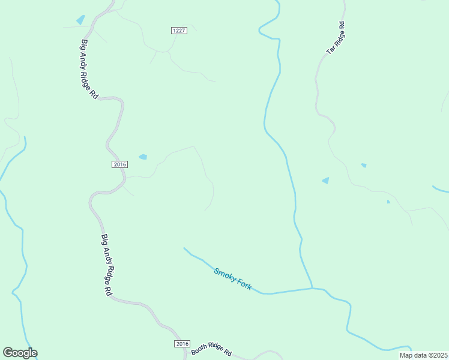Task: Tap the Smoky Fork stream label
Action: tap(233, 279)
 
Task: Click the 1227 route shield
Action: tap(179, 31)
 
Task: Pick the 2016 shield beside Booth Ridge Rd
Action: tap(182, 344)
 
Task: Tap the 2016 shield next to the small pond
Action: tap(120, 164)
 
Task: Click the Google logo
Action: tap(20, 353)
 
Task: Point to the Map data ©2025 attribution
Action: tap(423, 355)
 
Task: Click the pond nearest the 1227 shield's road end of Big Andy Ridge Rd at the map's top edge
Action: tap(80, 20)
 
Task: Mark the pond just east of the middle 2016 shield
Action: tap(143, 157)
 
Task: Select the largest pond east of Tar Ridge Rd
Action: tap(326, 180)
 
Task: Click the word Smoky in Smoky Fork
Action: tap(224, 274)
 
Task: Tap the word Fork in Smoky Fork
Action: tap(243, 284)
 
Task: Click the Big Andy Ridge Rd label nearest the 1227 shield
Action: tap(89, 69)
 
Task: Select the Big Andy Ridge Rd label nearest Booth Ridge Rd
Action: tap(106, 264)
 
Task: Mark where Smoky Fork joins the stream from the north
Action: tap(312, 288)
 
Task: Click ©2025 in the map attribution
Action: tap(436, 355)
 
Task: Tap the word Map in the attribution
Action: tap(406, 355)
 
